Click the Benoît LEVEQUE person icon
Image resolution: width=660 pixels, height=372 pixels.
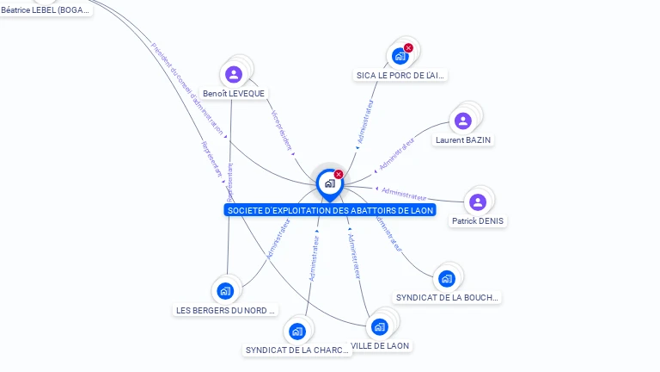[233, 74]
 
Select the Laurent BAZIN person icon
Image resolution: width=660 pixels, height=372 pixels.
[463, 121]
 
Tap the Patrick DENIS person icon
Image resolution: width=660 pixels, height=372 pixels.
[478, 201]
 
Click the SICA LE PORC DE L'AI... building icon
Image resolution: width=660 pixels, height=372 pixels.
[400, 57]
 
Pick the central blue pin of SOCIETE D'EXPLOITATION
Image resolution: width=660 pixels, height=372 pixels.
[329, 183]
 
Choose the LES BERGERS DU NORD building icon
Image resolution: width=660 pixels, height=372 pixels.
[225, 290]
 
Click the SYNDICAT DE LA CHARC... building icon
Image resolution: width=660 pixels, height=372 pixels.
[296, 331]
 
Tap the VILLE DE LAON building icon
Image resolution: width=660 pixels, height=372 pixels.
[378, 326]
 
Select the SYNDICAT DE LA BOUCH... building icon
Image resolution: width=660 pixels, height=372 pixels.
[446, 278]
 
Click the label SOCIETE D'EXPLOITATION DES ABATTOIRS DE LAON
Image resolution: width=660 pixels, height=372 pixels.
[330, 210]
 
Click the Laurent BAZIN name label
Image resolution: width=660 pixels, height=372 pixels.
[464, 139]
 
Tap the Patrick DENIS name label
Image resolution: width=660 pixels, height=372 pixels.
[479, 220]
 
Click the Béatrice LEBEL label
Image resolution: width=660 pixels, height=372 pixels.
[46, 10]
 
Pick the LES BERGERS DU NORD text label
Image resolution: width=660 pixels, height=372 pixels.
[226, 310]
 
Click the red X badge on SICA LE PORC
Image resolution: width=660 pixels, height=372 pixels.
[408, 48]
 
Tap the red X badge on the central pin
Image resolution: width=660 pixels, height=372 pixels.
[339, 174]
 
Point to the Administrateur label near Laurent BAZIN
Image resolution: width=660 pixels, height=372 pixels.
[396, 154]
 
